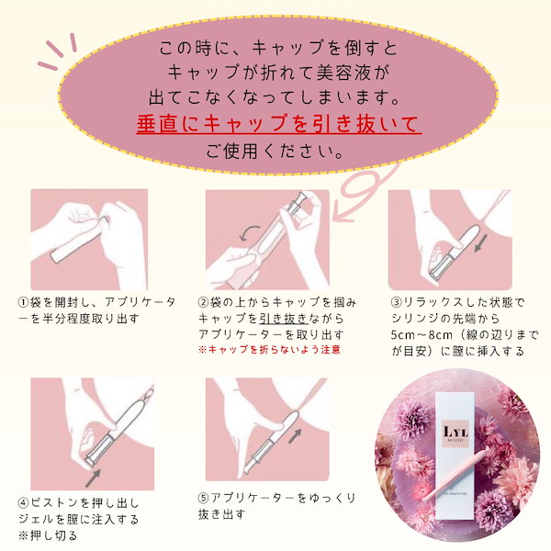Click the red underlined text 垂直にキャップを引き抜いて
pos(278,124)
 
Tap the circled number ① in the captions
pos(23,302)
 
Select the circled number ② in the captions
pos(204,302)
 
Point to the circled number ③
pos(397,302)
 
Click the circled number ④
pos(23,503)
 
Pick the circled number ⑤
pos(204,498)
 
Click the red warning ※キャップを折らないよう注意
pos(269,350)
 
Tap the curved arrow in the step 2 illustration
pos(249,232)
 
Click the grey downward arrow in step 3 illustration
pos(481,243)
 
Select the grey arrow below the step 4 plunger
pos(93,478)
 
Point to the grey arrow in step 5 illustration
pos(295,435)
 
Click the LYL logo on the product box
pos(455,433)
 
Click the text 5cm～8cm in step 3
pos(422,334)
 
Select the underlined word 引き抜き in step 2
pos(284,319)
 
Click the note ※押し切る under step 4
pos(48,535)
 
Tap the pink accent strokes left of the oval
pos(57,51)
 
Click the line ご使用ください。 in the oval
pos(275,152)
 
